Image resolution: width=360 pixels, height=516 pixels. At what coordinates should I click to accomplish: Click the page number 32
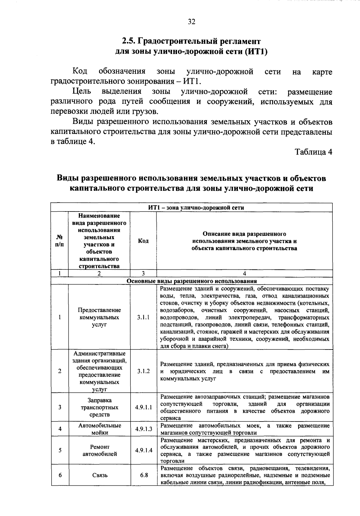(x=191, y=22)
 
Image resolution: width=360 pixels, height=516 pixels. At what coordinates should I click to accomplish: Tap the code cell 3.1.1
(x=143, y=317)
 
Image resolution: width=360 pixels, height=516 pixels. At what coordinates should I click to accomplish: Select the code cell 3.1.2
(x=143, y=371)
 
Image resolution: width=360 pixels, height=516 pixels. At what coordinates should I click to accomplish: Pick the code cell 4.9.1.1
(x=143, y=407)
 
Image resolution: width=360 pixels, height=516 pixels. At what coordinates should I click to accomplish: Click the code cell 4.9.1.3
(x=143, y=429)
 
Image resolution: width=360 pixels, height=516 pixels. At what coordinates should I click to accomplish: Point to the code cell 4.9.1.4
(x=143, y=450)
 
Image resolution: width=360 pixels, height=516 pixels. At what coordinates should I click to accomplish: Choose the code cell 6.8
(x=143, y=475)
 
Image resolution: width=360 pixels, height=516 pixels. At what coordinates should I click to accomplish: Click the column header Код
(x=143, y=241)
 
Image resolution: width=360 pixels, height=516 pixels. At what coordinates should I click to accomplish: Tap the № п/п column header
(x=60, y=241)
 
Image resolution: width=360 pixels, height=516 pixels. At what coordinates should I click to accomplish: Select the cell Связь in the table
(x=100, y=475)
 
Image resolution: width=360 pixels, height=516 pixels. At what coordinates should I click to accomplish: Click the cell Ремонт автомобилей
(x=100, y=450)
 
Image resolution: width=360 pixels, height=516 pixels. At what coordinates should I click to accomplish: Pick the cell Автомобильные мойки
(x=100, y=429)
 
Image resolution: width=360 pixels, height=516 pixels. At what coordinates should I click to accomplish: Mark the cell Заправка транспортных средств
(x=100, y=407)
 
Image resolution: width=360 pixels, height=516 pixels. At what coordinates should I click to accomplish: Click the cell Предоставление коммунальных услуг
(x=99, y=317)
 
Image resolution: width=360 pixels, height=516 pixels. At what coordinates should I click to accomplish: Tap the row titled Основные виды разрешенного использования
(x=192, y=281)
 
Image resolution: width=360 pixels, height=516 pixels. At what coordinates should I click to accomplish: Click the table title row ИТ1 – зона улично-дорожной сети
(x=192, y=208)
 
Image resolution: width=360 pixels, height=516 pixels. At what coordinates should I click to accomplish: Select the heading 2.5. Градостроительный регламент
(x=191, y=41)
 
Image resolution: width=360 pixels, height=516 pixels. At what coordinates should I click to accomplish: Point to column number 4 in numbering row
(x=244, y=273)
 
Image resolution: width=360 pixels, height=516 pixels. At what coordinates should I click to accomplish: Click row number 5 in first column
(x=60, y=450)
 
